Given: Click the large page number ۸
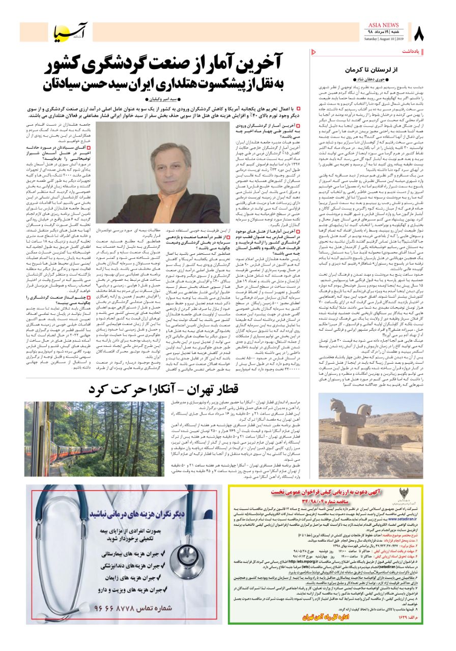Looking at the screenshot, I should (x=418, y=34).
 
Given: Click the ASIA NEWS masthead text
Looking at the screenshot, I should (x=384, y=25).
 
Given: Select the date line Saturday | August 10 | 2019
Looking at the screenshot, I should (x=384, y=39).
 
